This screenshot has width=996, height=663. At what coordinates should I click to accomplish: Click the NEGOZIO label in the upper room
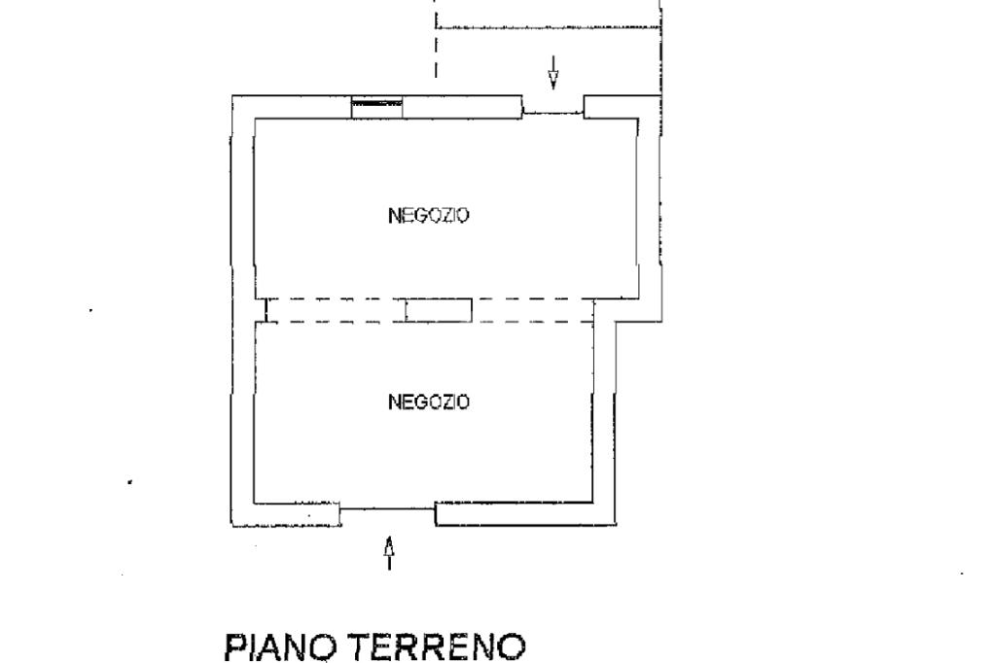pyautogui.click(x=429, y=216)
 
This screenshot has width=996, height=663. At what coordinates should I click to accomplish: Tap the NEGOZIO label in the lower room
pyautogui.click(x=429, y=401)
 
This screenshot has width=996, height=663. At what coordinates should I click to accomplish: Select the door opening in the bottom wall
pyautogui.click(x=387, y=508)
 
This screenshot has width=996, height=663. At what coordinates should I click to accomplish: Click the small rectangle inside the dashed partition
pyautogui.click(x=439, y=310)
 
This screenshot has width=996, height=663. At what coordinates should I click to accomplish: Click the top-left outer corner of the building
pyautogui.click(x=232, y=96)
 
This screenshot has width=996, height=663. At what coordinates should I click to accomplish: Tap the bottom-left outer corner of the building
pyautogui.click(x=232, y=526)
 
